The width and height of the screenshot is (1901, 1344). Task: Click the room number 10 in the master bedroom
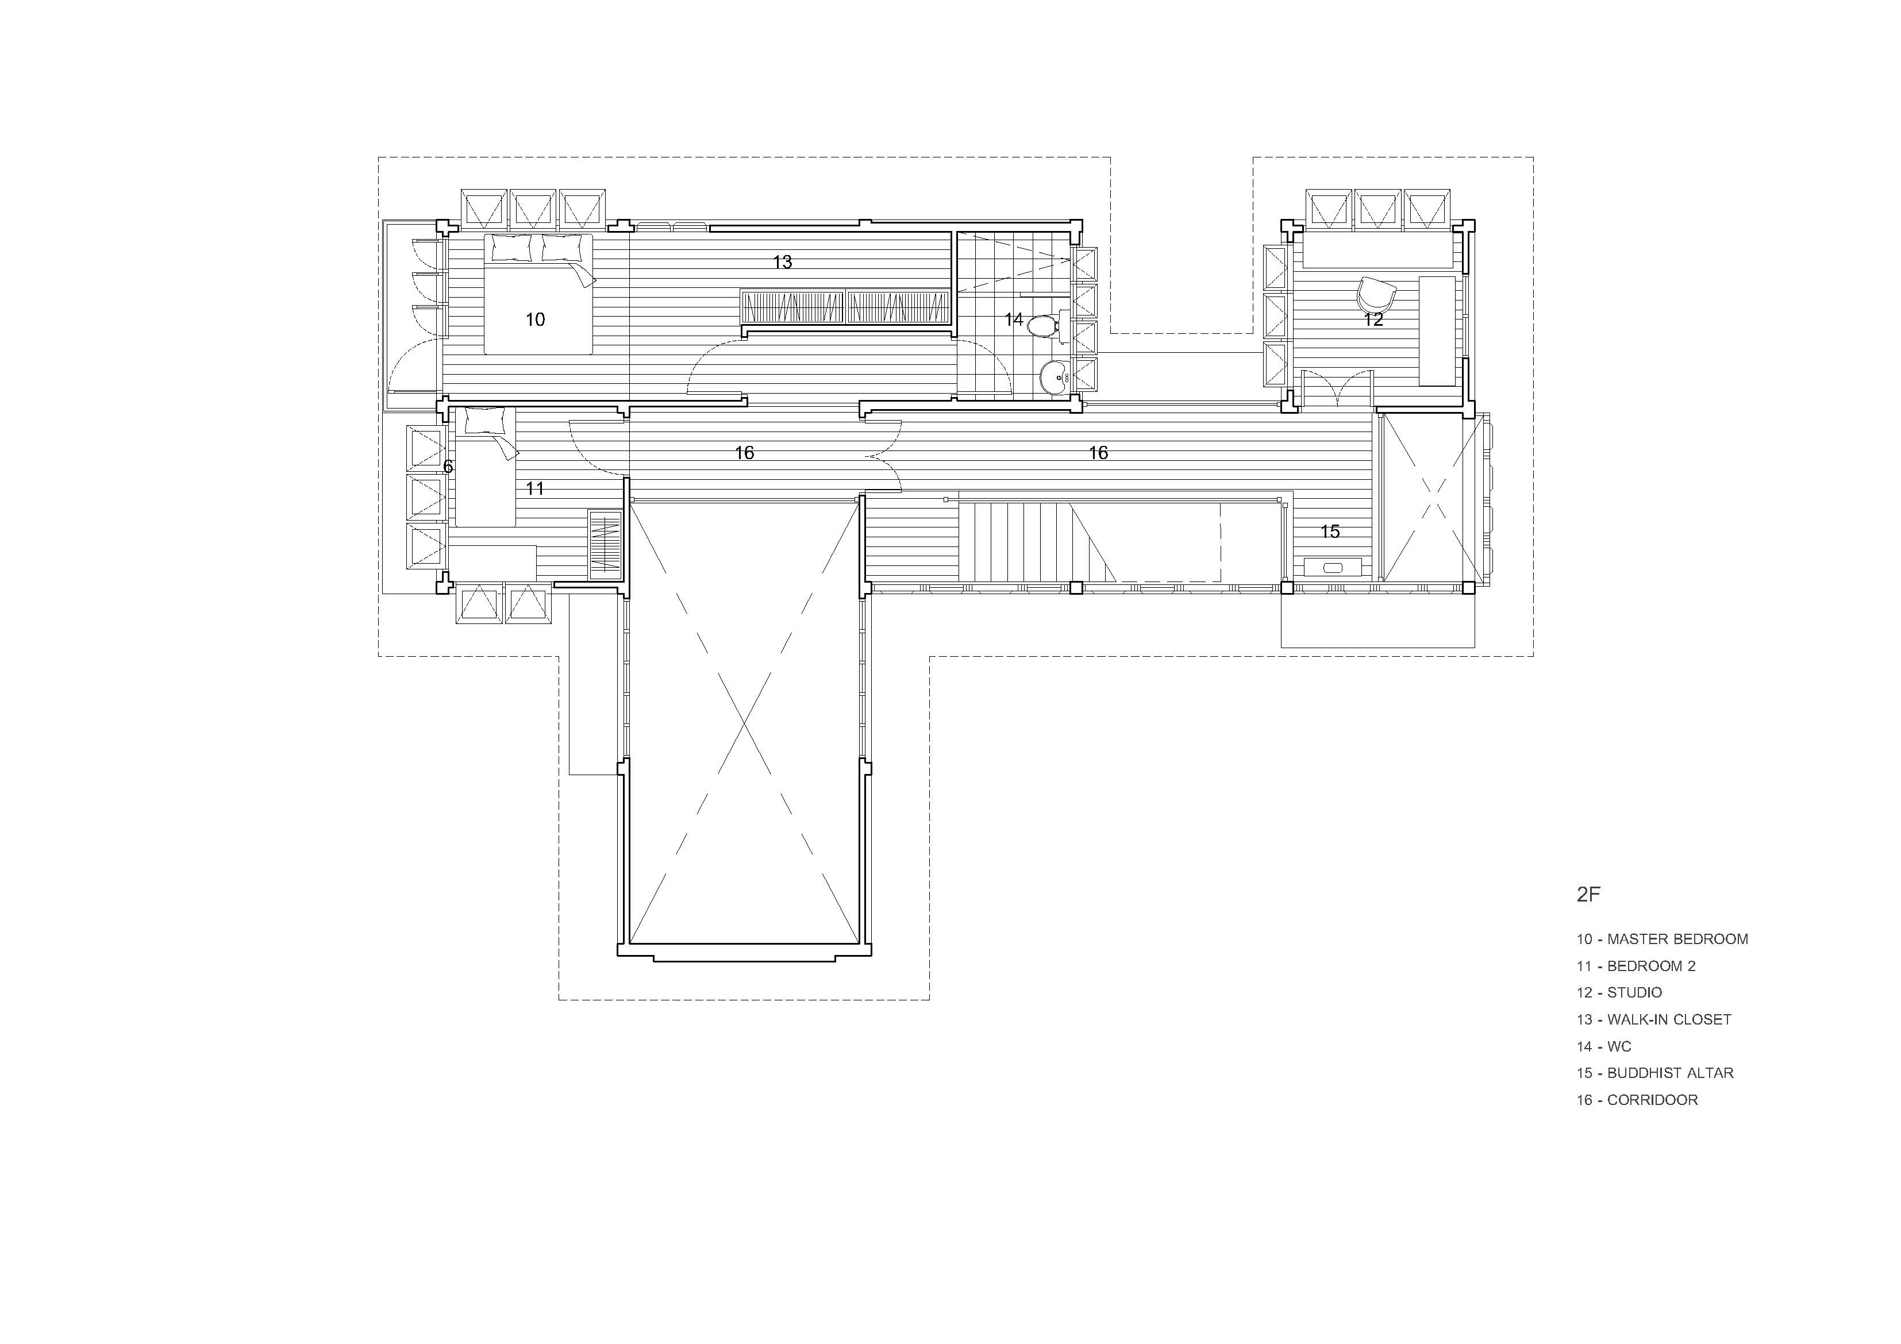point(535,319)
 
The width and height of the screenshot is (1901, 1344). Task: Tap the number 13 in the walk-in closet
point(783,263)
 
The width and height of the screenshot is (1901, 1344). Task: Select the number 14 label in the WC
point(1013,319)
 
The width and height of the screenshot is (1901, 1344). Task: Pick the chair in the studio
point(1375,294)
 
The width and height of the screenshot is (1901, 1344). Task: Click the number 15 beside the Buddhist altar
point(1330,532)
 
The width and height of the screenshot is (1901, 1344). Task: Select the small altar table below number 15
point(1332,567)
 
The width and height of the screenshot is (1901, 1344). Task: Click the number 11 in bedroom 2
point(535,488)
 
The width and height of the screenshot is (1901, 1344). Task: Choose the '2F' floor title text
point(1589,894)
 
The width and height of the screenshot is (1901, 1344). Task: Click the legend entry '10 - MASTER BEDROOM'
point(1663,939)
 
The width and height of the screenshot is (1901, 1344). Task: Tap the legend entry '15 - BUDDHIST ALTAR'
point(1655,1073)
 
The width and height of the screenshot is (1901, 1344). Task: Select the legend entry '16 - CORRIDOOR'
point(1637,1100)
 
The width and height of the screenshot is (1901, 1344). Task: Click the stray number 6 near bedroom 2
point(448,467)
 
